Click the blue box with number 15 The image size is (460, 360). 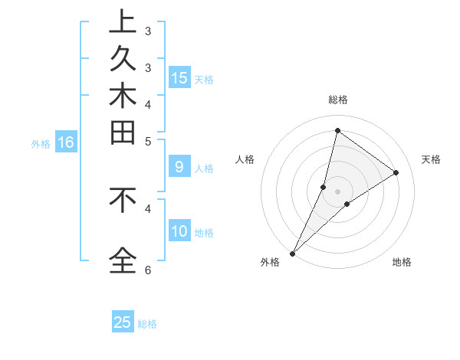179,78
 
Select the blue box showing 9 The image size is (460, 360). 179,166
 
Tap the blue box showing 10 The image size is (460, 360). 179,231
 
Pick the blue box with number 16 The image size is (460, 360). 66,142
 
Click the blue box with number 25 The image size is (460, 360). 123,322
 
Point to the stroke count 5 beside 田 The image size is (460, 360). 148,140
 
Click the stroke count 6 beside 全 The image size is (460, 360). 148,270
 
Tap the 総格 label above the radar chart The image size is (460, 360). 338,100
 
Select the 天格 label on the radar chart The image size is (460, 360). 431,159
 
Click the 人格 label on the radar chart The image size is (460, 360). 245,159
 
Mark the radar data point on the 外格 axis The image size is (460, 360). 292,254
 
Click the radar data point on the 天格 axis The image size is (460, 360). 396,172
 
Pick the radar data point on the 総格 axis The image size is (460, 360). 337,130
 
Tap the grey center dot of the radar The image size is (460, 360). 337,191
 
